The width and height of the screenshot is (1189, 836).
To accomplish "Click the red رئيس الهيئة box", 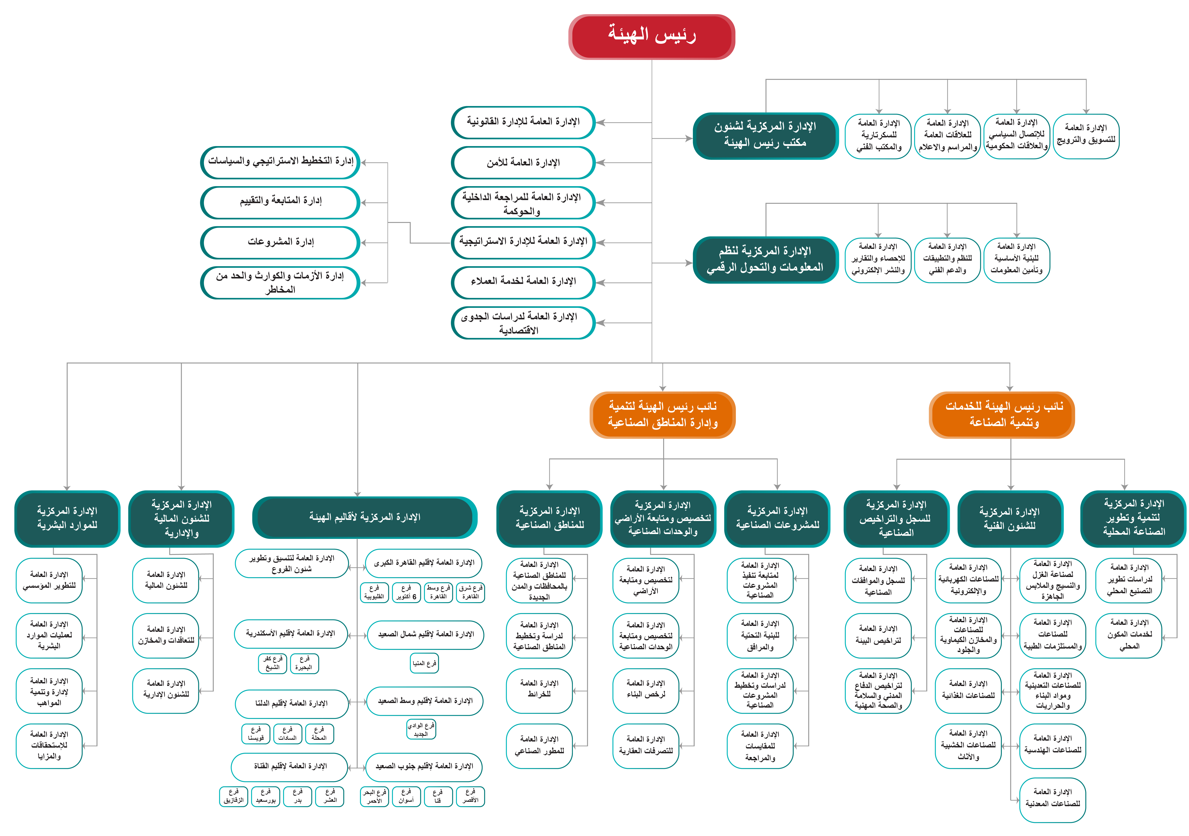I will coord(651,36).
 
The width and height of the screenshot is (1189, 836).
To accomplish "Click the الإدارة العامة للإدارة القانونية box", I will coord(523,122).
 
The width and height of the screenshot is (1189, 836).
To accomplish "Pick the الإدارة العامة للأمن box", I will coord(523,163).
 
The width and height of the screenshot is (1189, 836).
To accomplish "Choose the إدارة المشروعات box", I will coord(280,242).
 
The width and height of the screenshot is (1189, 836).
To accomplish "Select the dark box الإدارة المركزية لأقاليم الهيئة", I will coord(365,517).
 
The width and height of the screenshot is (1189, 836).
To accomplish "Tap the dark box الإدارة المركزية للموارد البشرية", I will coord(67,518).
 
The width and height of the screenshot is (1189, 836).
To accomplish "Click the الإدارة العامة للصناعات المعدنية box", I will coord(1052,799).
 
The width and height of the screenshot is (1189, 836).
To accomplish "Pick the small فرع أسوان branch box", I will coord(406,796).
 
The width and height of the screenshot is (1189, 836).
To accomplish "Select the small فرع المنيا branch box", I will coord(424,663).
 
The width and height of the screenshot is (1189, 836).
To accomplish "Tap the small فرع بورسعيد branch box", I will coord(266,796).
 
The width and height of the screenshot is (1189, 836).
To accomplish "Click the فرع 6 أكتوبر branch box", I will coord(406,592).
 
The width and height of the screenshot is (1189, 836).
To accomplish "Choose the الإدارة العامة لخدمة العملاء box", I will coord(523,282).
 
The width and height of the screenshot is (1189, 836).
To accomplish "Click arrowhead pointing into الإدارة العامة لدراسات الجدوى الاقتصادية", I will coord(600,323).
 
